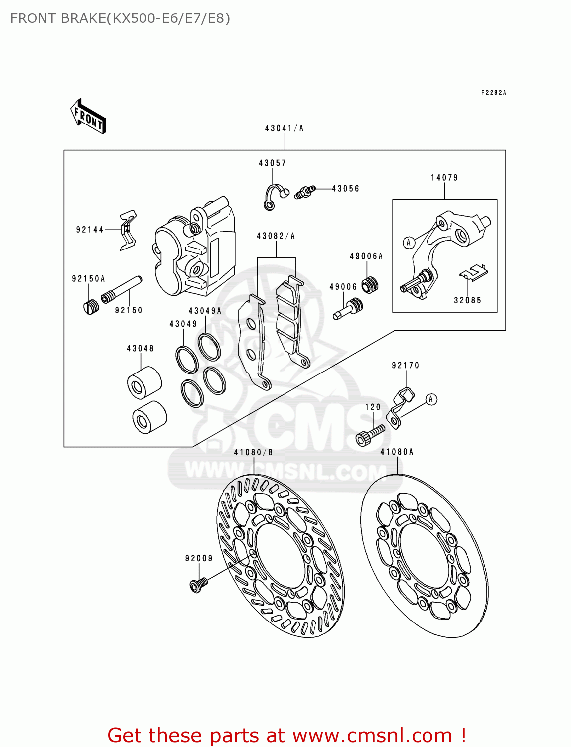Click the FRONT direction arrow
(x=88, y=117)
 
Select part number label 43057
(x=272, y=163)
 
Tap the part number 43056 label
(x=345, y=189)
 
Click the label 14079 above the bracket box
(x=444, y=178)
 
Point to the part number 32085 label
(x=467, y=300)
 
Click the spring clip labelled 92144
(x=128, y=230)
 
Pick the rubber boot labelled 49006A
(x=370, y=284)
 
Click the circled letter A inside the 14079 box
(x=409, y=243)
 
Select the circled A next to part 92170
(x=431, y=399)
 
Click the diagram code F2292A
(x=493, y=93)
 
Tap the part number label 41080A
(x=397, y=452)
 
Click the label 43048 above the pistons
(x=140, y=349)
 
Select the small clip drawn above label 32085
(x=473, y=272)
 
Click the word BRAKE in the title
(x=83, y=18)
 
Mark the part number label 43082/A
(x=276, y=236)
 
